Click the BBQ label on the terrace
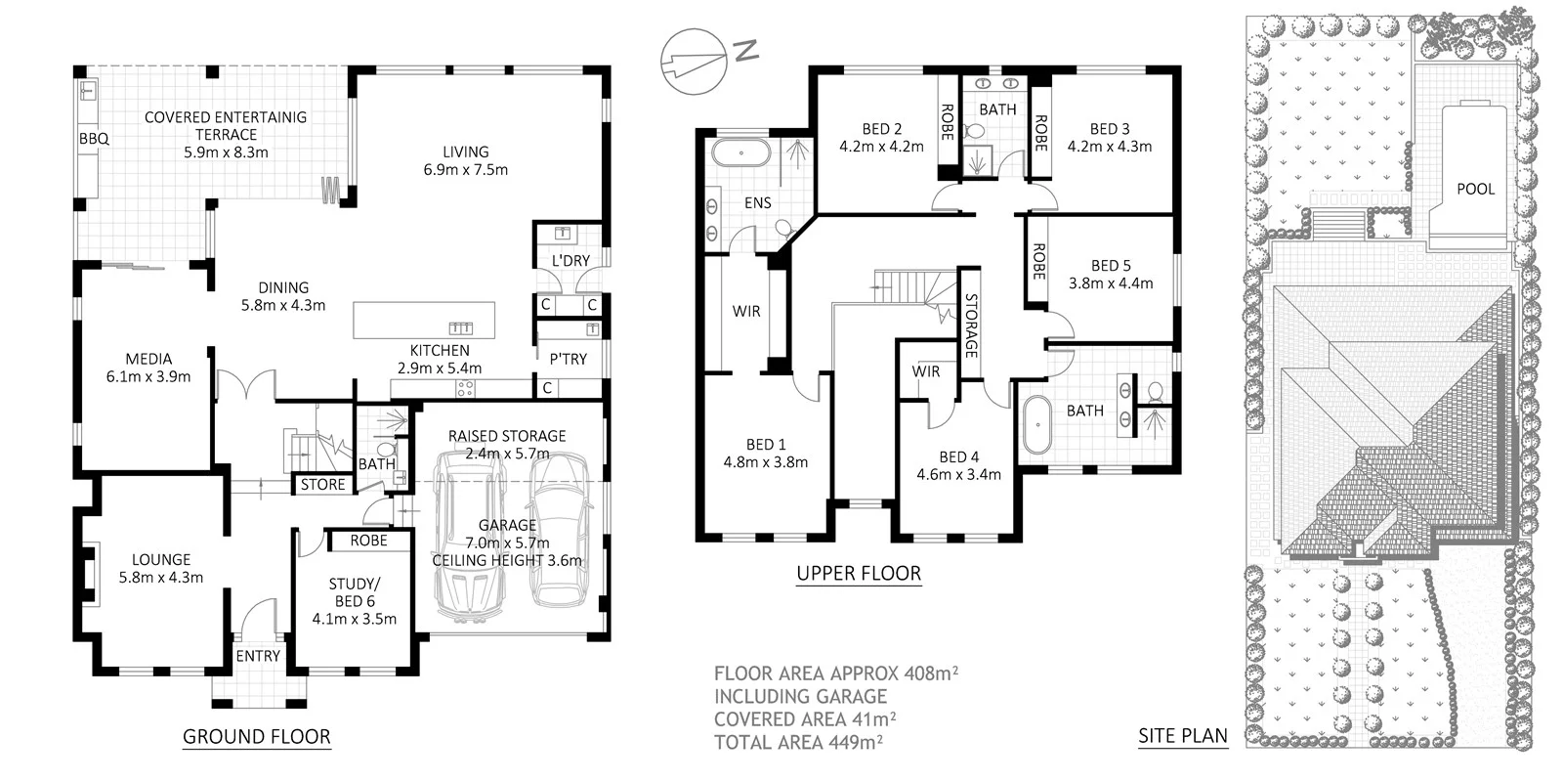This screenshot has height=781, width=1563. tap(94, 139)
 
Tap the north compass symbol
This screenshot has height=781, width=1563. tap(692, 61)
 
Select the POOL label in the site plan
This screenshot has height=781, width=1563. tap(1475, 189)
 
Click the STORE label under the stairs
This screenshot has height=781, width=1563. tap(322, 484)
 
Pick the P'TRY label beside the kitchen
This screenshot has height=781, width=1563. tap(568, 359)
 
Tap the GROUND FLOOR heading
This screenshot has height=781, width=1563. tap(257, 737)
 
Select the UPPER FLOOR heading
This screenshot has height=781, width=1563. tap(859, 574)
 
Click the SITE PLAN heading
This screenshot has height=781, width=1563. tap(1182, 736)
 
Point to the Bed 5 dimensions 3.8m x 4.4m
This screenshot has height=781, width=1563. tap(1110, 283)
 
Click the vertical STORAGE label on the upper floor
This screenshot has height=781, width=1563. tap(971, 325)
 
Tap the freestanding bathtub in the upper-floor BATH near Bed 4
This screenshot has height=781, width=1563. tap(1035, 423)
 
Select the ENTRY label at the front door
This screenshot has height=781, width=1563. tap(258, 656)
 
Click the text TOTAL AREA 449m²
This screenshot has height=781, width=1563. tap(798, 742)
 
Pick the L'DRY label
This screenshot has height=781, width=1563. tap(570, 261)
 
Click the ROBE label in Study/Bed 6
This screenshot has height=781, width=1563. tap(368, 541)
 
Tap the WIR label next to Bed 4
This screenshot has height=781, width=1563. tap(925, 371)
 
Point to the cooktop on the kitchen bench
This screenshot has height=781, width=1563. tap(465, 388)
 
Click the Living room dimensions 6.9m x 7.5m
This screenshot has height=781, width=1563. tap(465, 169)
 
